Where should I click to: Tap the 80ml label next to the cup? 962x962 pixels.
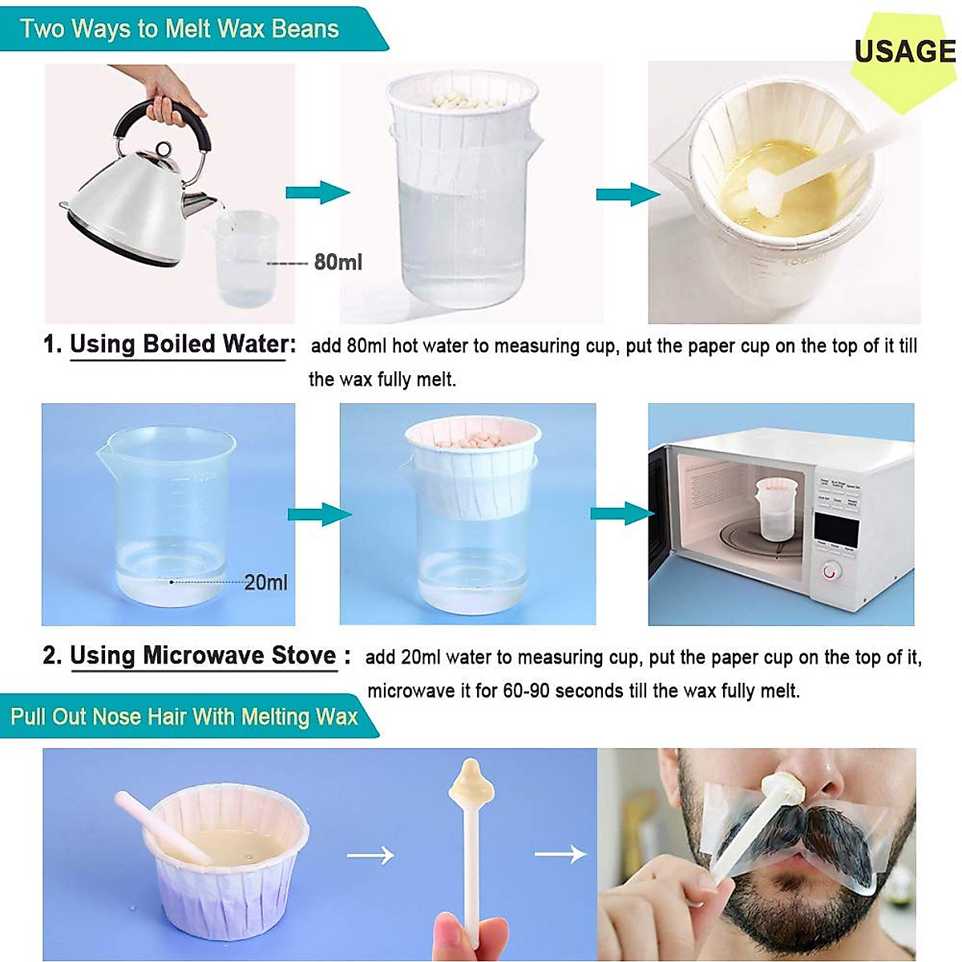(338, 262)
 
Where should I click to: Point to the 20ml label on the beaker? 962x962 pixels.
(265, 583)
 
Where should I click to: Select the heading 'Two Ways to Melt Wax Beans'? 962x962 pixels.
(180, 29)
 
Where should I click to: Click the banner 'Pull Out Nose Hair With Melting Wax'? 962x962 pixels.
(184, 716)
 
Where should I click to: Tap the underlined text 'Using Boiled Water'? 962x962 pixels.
(180, 345)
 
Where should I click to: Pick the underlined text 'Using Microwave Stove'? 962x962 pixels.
(203, 656)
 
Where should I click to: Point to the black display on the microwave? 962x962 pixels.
(836, 529)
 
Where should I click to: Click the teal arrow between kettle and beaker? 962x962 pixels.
(317, 192)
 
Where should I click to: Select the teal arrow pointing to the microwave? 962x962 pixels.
(621, 513)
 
